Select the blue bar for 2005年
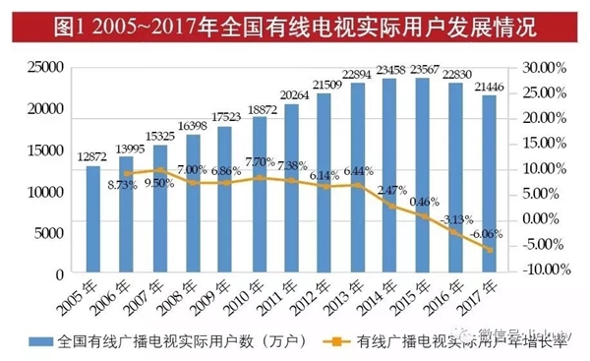click(93, 219)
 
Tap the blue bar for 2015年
click(423, 175)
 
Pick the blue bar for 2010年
click(259, 195)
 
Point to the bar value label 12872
click(92, 157)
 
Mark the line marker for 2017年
click(489, 249)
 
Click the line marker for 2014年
click(390, 206)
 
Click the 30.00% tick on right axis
click(539, 68)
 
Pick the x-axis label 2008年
click(188, 295)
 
